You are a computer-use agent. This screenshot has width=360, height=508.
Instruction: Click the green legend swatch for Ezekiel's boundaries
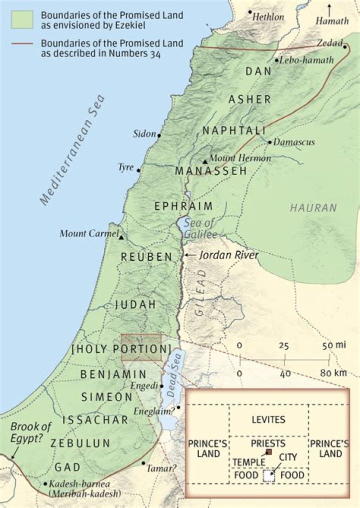click(22, 18)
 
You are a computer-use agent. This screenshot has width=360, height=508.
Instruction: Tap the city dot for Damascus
click(269, 142)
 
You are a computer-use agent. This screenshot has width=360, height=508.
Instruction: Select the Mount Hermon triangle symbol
click(205, 162)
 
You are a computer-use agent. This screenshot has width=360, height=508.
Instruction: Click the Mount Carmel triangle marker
click(121, 237)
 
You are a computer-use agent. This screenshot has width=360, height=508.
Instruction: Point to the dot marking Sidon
click(159, 135)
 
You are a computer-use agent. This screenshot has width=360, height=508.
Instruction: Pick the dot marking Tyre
click(138, 170)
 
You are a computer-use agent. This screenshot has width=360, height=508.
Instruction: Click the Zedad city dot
click(345, 47)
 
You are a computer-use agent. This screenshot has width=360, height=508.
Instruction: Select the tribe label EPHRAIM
click(183, 206)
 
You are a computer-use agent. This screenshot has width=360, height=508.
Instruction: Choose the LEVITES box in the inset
click(268, 419)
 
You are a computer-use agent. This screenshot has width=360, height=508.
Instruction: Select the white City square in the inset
click(269, 475)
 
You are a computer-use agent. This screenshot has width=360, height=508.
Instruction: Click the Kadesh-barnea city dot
click(45, 484)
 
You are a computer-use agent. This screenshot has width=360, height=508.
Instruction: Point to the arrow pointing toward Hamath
click(329, 9)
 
